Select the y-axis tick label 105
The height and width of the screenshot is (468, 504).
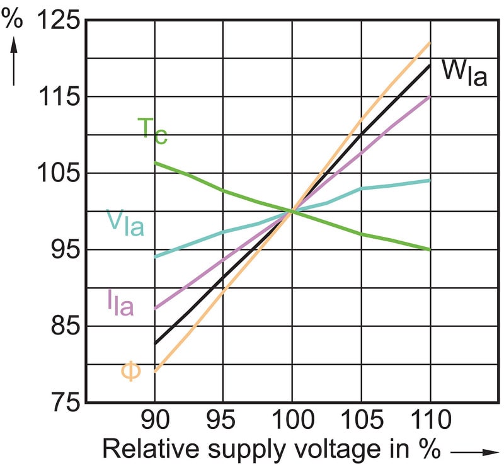pyautogui.click(x=59, y=173)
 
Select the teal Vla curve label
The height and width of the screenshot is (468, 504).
pyautogui.click(x=125, y=224)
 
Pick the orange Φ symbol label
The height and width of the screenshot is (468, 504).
pyautogui.click(x=130, y=371)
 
